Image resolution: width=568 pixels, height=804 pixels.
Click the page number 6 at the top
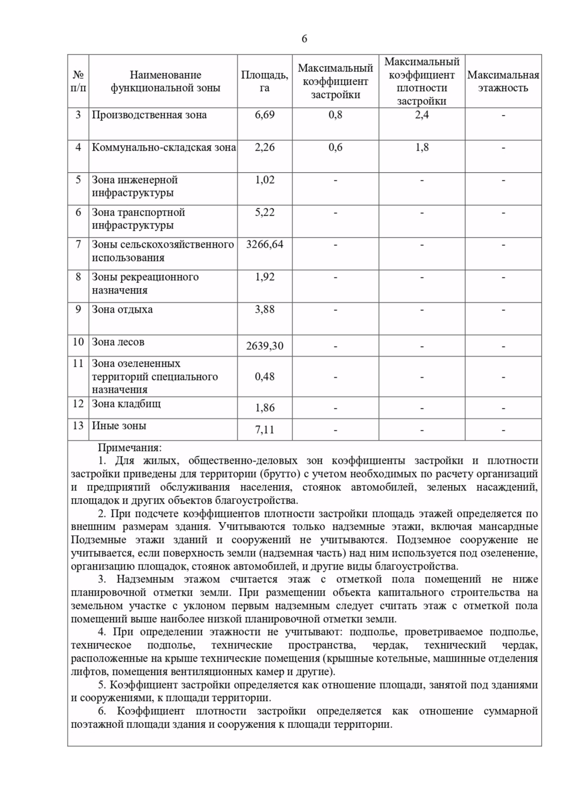[304, 39]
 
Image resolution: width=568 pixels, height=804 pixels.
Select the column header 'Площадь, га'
[264, 81]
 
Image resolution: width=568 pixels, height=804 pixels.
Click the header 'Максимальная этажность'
[503, 81]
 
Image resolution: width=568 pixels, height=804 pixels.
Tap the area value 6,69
[264, 115]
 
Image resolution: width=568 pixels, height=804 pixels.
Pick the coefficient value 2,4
[422, 115]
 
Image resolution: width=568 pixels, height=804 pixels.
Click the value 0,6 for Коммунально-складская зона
[335, 148]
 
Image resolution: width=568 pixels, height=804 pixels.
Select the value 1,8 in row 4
[422, 148]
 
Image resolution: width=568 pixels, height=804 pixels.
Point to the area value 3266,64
[264, 245]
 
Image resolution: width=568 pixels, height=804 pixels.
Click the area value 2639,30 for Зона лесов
[264, 346]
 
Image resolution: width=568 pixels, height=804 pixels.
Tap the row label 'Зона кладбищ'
[126, 404]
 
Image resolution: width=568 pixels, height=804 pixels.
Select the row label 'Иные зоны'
[119, 426]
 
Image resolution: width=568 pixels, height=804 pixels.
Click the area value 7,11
[264, 430]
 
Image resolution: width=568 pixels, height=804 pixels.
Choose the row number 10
[78, 342]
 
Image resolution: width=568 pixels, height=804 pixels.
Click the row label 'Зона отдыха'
[122, 310]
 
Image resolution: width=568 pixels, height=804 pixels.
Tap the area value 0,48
[264, 377]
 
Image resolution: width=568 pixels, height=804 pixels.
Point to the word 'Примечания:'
[130, 447]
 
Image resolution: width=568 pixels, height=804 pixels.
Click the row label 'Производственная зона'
[149, 115]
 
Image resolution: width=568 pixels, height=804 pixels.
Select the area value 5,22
[264, 213]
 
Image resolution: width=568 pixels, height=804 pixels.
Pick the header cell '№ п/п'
[78, 81]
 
